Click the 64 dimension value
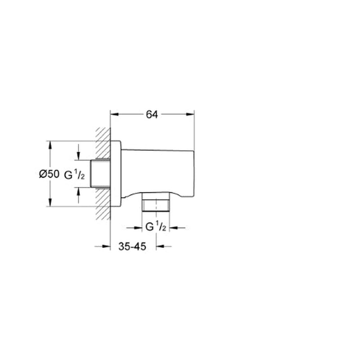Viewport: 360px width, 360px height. [x=152, y=114]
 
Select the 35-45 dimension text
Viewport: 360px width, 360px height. [x=132, y=247]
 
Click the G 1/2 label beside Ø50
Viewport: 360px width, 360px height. [x=74, y=175]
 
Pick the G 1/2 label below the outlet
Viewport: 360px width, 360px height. [x=156, y=227]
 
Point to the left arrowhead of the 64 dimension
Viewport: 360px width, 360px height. [x=114, y=114]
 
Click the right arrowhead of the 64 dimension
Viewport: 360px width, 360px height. [x=190, y=114]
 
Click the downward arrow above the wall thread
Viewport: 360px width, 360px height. [x=78, y=152]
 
